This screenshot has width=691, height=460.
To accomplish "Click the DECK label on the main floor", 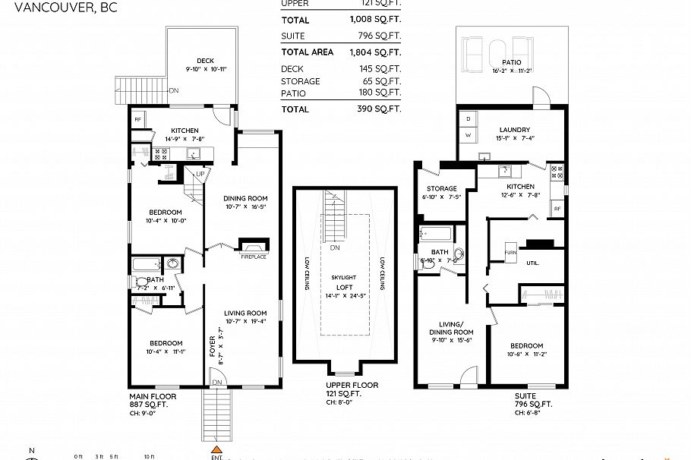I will (x=205, y=61).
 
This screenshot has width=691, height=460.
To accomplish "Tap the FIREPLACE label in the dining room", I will (x=254, y=257).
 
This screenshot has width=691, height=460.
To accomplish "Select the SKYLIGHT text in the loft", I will (x=343, y=278).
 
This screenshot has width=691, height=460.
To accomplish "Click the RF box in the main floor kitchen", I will (x=138, y=120).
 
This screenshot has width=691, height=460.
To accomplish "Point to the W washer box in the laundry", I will (x=468, y=134).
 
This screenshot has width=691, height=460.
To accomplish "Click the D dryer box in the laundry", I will (x=468, y=119).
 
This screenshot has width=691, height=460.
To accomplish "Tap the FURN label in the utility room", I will (x=510, y=251).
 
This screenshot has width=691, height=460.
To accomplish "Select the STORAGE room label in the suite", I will (x=441, y=188).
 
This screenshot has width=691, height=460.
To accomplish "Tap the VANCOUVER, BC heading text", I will (x=48, y=9).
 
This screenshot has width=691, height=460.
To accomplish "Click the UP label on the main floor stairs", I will (x=200, y=174).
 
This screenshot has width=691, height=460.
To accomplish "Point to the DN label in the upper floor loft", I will (x=334, y=248).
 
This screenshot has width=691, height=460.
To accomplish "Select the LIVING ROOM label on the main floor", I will (x=245, y=313).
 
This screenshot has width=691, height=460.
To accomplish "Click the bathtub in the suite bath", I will (x=435, y=233).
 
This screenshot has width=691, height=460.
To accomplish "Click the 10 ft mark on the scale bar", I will (x=149, y=456).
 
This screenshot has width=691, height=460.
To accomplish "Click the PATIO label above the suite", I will (x=510, y=63).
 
